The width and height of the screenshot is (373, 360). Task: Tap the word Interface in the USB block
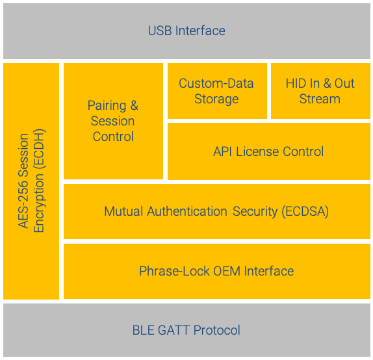(200, 31)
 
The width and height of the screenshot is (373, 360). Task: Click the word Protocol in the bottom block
(217, 330)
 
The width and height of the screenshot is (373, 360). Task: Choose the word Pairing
(107, 106)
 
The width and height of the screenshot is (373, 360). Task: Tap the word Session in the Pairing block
(112, 121)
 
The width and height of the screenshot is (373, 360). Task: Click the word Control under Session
(113, 136)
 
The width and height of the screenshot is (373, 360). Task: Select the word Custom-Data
(216, 83)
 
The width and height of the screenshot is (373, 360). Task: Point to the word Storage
(216, 99)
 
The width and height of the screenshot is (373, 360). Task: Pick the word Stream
(320, 99)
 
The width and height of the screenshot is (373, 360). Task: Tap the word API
(222, 151)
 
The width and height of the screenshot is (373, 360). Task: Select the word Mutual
(123, 211)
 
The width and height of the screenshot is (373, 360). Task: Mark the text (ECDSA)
(305, 212)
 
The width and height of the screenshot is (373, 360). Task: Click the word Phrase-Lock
(174, 271)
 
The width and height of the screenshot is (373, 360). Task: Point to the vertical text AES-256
(23, 203)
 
